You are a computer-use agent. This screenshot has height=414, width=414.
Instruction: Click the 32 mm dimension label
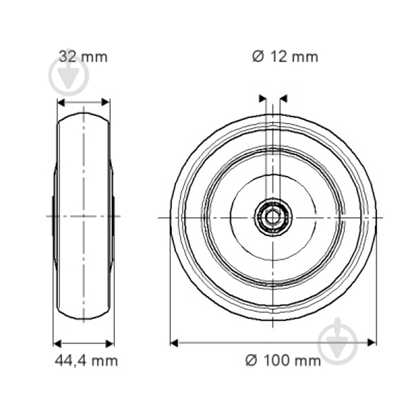[83, 56]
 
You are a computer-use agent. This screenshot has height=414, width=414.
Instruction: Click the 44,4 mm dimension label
[86, 360]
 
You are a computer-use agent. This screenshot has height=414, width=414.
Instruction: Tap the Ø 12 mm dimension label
[285, 56]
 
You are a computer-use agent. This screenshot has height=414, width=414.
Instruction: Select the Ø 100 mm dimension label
[283, 360]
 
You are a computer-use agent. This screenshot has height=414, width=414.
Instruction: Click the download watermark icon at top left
[69, 75]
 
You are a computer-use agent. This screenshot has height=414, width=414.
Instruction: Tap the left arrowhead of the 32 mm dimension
[60, 103]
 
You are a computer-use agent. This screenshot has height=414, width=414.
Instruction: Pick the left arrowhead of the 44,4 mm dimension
[58, 343]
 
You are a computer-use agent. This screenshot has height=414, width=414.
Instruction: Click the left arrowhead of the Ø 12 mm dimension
[262, 98]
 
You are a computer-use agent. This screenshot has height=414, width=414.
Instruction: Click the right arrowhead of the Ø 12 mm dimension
[283, 98]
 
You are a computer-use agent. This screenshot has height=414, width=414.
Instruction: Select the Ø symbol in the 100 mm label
[251, 360]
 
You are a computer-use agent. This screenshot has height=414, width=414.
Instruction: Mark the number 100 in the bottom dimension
[276, 360]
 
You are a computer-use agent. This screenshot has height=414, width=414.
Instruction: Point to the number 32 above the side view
[68, 56]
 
